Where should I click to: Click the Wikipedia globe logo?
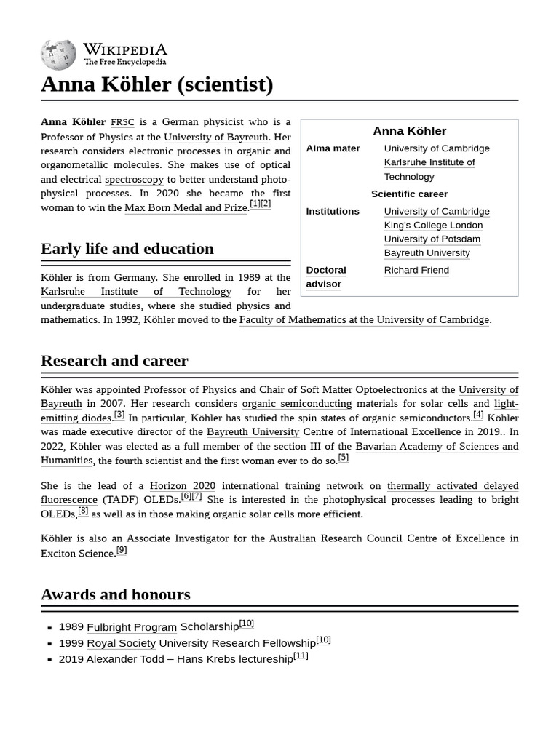point(58,55)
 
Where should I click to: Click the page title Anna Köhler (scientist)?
point(157,84)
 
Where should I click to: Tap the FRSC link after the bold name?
point(122,122)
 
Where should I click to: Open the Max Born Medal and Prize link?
point(186,208)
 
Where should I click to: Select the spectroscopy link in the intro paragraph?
point(134,179)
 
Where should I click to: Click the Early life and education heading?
point(127,249)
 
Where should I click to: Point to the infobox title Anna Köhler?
point(409,131)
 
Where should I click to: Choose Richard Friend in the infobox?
point(416,270)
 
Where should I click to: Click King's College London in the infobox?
point(433,225)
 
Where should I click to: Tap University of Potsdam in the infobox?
point(432,239)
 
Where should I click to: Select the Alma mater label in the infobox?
point(333,148)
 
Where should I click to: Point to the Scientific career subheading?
point(409,194)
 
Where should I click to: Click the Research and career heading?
point(114,361)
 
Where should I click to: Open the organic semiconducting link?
point(296,403)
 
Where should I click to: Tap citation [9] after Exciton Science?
point(122,551)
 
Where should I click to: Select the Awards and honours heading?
point(116,594)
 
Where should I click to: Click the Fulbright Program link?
point(132,627)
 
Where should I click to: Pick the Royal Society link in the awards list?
point(121,643)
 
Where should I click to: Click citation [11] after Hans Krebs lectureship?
point(301,656)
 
